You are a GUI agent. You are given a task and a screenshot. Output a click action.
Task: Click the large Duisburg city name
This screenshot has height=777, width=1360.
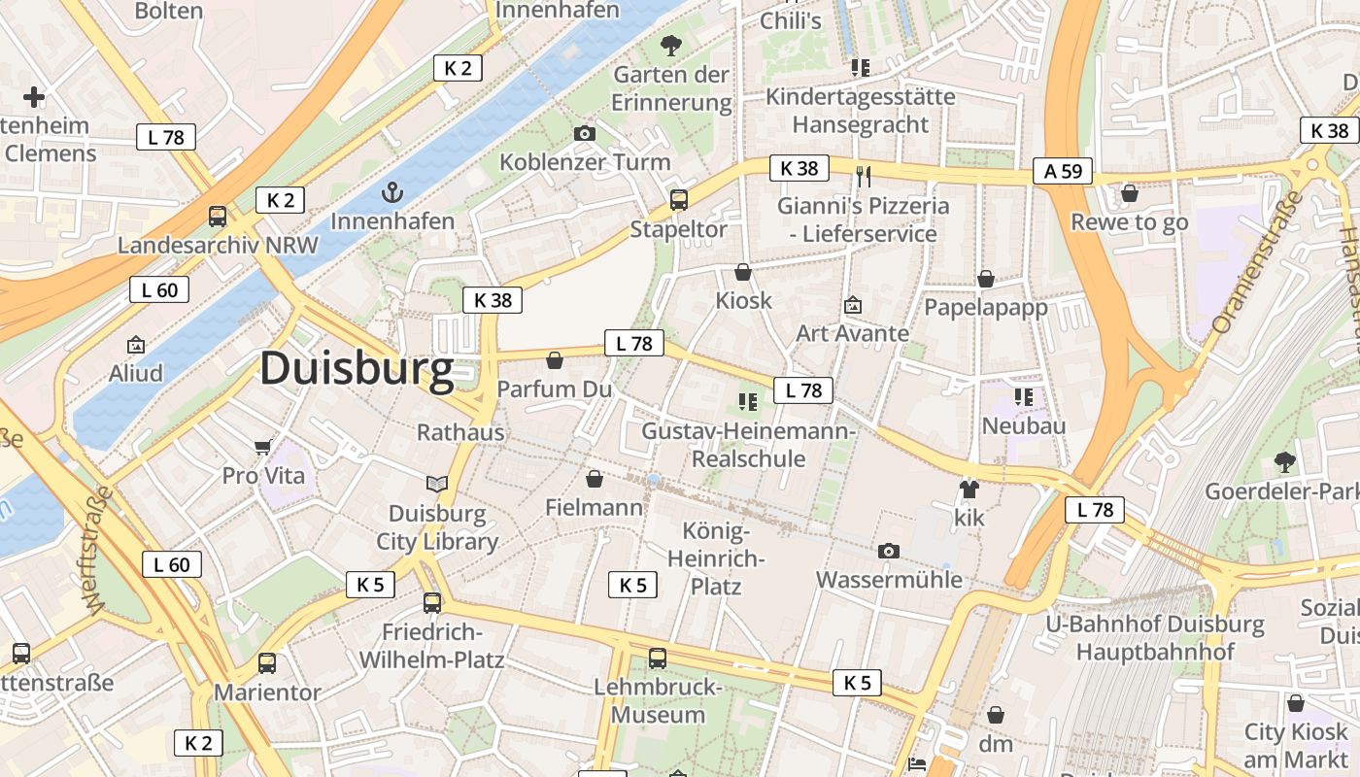pos(357,370)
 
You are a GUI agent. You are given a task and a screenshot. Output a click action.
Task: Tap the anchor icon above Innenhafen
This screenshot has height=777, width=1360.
pos(392,191)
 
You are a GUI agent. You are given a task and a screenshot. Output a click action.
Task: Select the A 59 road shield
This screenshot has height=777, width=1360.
pos(1062,171)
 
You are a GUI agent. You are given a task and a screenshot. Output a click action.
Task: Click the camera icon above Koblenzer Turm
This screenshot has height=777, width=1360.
pos(585,133)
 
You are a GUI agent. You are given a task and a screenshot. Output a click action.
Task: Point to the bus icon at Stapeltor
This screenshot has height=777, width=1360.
pos(678,200)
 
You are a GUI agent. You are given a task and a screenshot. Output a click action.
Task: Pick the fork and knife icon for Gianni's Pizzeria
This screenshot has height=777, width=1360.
pos(863,176)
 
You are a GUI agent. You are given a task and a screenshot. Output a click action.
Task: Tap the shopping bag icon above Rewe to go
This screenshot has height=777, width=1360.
pos(1129,193)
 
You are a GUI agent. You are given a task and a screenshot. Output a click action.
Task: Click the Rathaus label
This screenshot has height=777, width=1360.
pos(460,432)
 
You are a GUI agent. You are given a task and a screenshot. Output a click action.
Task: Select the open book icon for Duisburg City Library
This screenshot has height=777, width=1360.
pos(437,484)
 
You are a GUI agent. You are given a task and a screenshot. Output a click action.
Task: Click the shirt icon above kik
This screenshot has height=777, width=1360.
pos(969,489)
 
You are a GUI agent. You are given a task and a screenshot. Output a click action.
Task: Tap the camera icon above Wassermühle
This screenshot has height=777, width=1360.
pos(888,551)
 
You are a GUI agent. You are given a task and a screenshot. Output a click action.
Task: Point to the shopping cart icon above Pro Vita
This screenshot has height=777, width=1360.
pos(262,447)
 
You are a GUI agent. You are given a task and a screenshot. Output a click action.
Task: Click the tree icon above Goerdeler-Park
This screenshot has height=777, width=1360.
pos(1284,461)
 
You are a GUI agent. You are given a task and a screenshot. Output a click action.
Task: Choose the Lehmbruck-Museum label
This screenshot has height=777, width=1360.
pos(658,701)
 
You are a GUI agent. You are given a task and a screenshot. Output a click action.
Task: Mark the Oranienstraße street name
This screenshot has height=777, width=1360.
pos(1256,262)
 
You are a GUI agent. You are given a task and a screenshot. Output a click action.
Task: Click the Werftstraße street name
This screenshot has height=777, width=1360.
pos(99,550)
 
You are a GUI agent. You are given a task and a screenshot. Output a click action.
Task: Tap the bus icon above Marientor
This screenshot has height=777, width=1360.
pos(266,663)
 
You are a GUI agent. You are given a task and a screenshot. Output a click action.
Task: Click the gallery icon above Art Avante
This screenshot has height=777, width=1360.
pos(853,305)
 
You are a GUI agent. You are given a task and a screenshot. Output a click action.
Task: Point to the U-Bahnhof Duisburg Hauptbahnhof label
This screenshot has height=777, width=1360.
pos(1155,637)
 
